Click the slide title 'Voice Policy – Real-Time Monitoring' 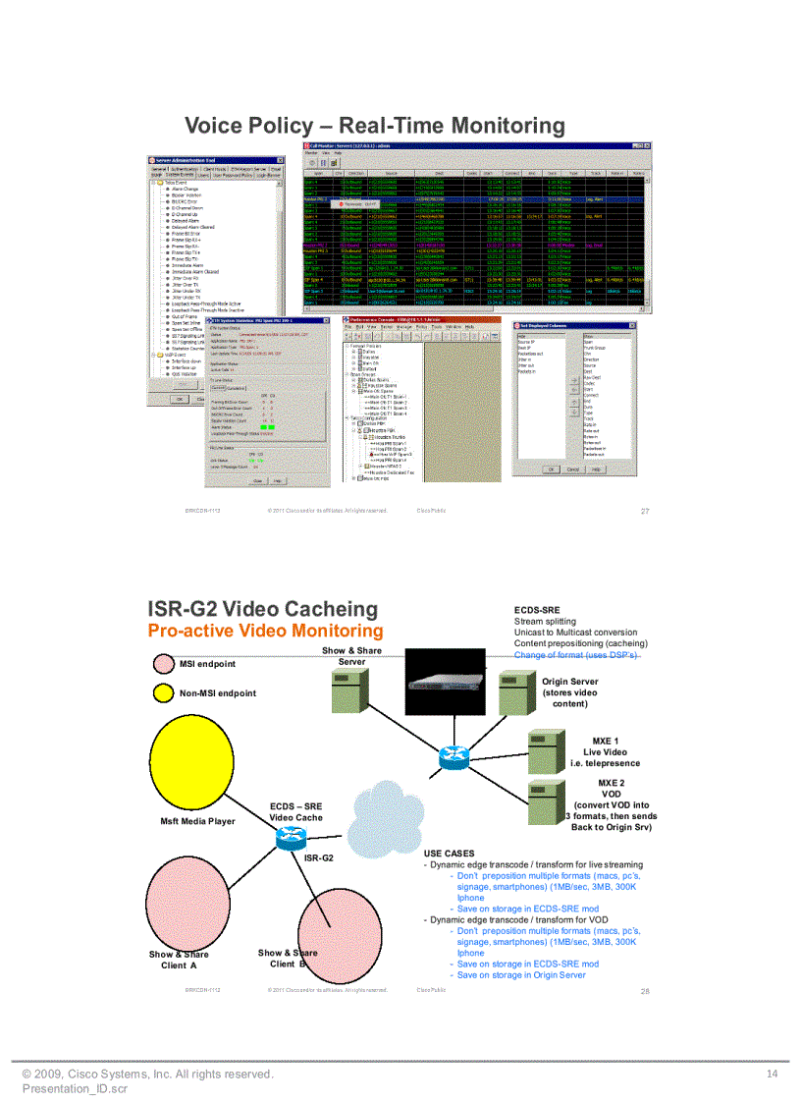pos(375,126)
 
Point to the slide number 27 pos(645,511)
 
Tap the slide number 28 pos(645,991)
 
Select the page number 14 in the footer pos(772,1075)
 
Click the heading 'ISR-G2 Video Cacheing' pos(262,609)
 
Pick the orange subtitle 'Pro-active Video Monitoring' pos(265,631)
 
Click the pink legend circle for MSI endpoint pos(163,663)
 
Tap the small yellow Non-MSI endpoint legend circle pos(163,693)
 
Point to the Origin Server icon pos(515,693)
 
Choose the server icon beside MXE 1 pos(548,751)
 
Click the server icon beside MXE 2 pos(548,800)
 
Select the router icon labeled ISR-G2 pos(292,838)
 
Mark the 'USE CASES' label pos(449,854)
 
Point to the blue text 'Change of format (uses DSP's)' pos(576,655)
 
